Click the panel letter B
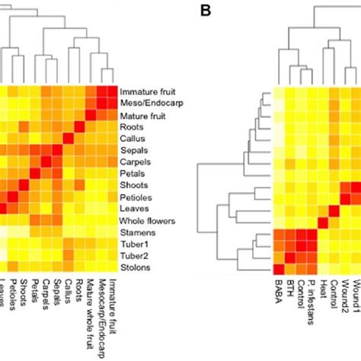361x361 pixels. tap(205, 11)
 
